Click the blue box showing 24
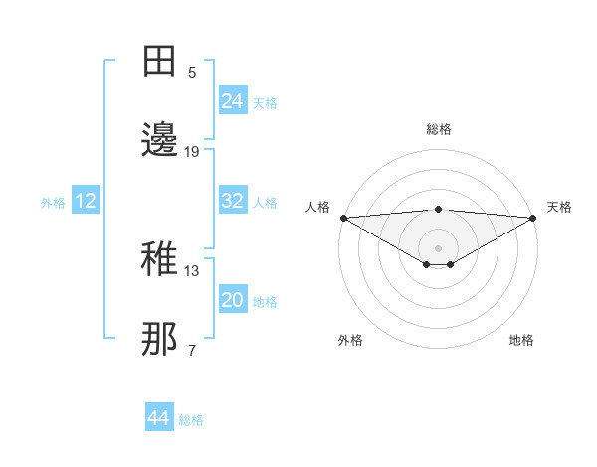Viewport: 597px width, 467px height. [233, 100]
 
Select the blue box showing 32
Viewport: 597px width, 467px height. [233, 201]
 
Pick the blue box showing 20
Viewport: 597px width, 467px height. [233, 300]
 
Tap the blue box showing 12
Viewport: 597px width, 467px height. [86, 201]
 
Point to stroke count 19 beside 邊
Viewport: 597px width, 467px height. [192, 152]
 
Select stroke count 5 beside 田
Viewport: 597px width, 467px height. [192, 73]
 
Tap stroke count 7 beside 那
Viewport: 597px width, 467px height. [192, 350]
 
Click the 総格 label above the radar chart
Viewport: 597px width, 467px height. [439, 129]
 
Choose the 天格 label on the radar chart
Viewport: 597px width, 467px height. [559, 207]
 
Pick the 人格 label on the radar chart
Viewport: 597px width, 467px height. [317, 207]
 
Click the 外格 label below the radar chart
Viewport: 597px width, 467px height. [350, 340]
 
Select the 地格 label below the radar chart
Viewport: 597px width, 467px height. [521, 340]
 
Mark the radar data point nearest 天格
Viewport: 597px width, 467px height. [532, 218]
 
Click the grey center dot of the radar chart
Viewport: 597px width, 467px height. [439, 247]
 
